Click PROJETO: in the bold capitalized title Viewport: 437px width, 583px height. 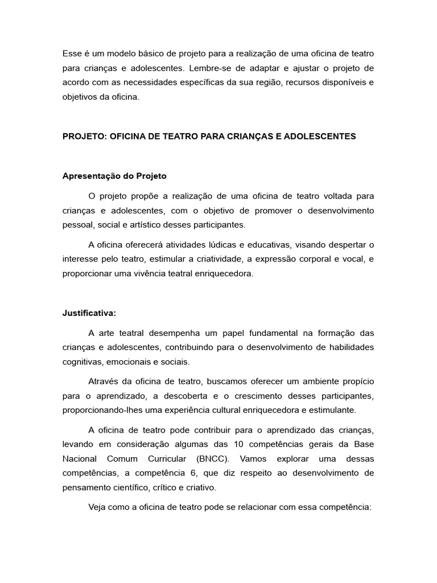[x=84, y=137]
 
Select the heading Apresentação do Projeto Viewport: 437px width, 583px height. [x=114, y=176]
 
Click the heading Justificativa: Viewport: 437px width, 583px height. [x=89, y=313]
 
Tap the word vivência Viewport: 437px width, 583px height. [x=150, y=274]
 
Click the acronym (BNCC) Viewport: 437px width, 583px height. [x=213, y=458]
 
